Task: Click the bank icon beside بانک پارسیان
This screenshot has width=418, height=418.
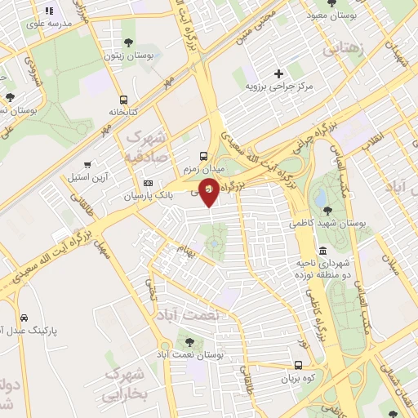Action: pos(148,183)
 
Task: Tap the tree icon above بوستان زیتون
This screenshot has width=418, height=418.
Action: pos(128,42)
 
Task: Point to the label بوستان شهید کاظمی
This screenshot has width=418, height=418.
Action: pos(327,222)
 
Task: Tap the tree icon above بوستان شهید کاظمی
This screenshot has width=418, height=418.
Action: pos(327,210)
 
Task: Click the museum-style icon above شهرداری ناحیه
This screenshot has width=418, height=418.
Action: pos(323,251)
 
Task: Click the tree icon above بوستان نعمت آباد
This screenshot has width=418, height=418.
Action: pos(189,343)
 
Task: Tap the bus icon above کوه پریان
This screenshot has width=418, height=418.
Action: pos(298,367)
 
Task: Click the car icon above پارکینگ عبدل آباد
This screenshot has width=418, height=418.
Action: pos(24,318)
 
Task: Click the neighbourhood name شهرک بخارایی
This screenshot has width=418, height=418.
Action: pos(124,385)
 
